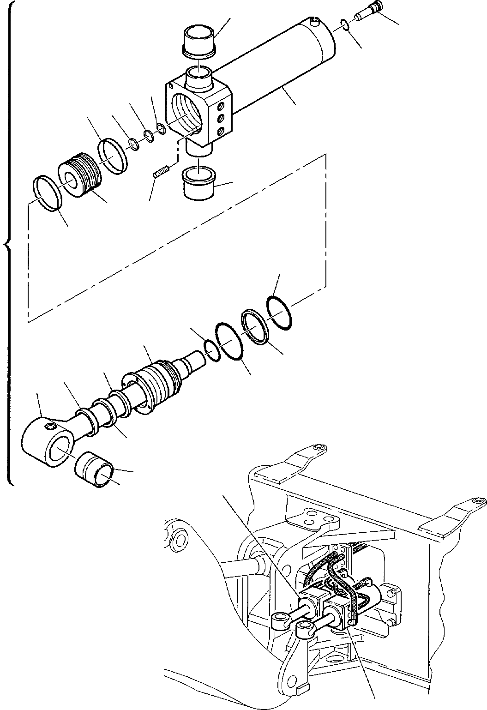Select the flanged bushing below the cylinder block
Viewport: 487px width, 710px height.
[198, 184]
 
